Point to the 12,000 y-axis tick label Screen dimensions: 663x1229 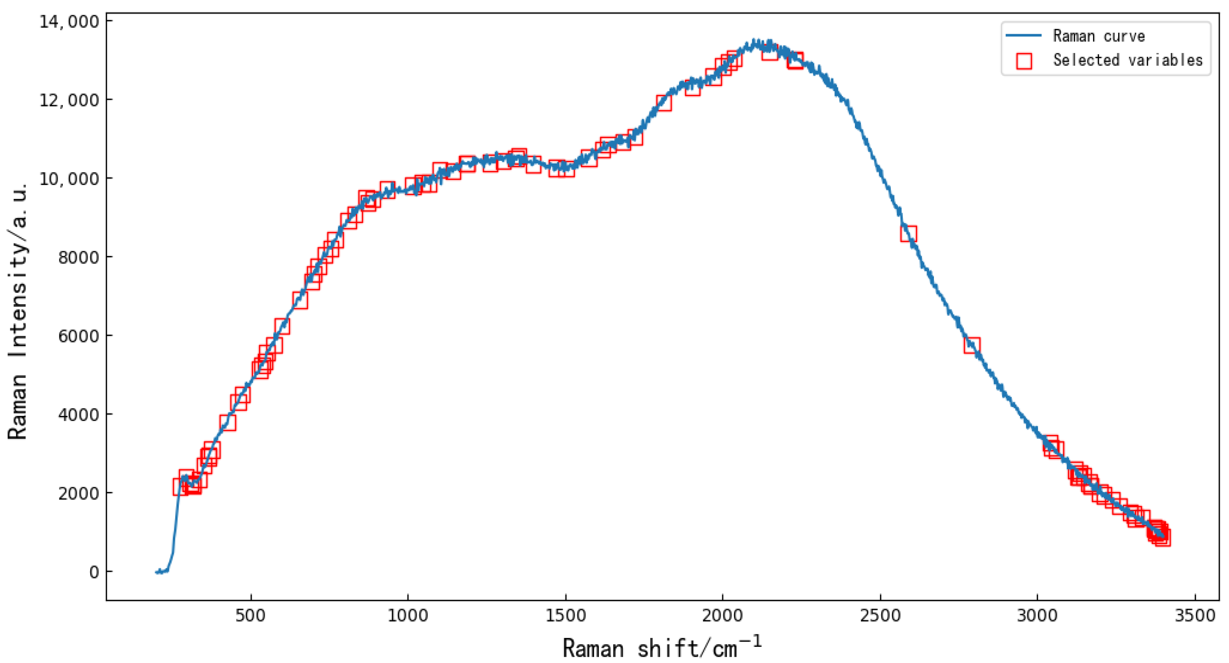coord(69,100)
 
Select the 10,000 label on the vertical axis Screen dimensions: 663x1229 coord(69,179)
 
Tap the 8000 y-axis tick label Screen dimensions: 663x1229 coord(78,257)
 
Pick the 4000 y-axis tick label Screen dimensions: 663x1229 coord(78,414)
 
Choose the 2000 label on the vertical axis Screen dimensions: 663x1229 coord(78,493)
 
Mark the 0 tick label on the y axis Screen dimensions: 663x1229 coord(94,572)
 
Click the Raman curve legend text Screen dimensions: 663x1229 coord(1099,36)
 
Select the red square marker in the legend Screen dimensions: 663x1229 coord(1024,61)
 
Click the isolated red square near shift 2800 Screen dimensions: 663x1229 coord(972,345)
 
